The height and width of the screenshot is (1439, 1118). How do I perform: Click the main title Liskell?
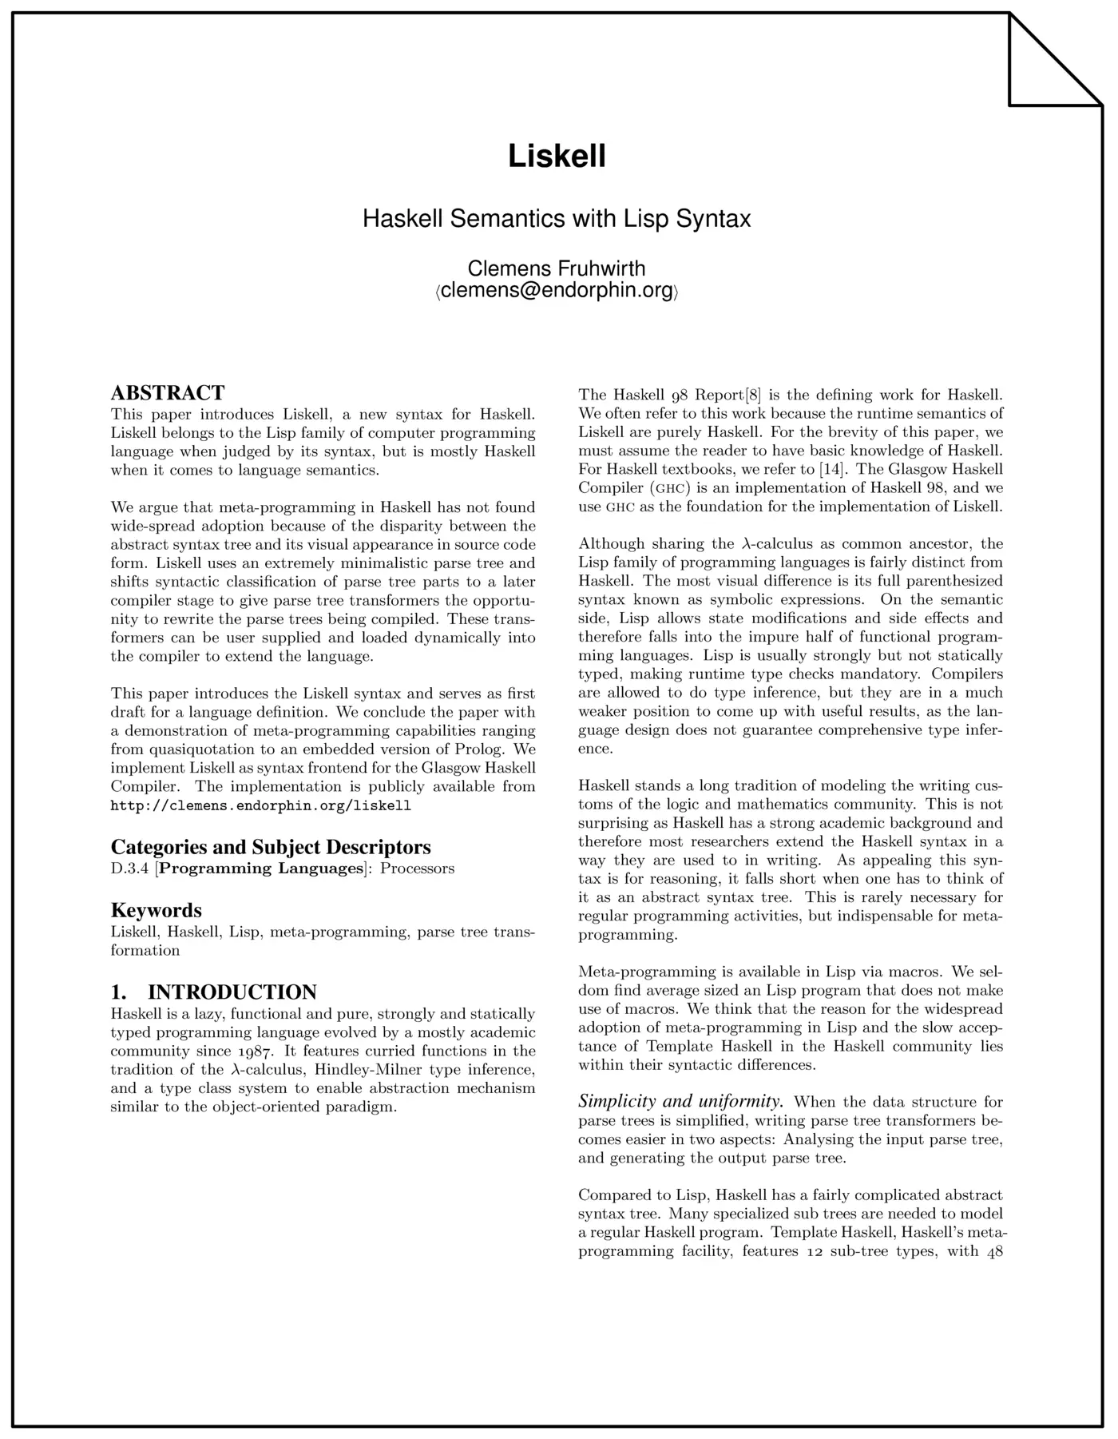(557, 156)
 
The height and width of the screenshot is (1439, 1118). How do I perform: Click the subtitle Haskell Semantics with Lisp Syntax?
(557, 218)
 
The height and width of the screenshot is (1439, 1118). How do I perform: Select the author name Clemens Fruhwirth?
(557, 268)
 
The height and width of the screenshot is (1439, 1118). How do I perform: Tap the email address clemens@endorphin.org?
(557, 291)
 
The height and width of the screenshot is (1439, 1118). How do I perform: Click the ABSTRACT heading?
(168, 393)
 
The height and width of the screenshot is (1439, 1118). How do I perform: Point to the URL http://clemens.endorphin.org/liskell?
(260, 805)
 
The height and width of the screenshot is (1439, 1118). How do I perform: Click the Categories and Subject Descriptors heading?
(271, 847)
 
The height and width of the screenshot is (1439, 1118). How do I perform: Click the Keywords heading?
(157, 910)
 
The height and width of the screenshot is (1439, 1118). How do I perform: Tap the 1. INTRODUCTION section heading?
(214, 992)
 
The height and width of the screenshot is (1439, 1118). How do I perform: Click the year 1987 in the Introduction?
(249, 1051)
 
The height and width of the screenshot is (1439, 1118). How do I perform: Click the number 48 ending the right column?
(994, 1251)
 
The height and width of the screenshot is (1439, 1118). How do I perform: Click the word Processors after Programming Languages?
(417, 869)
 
